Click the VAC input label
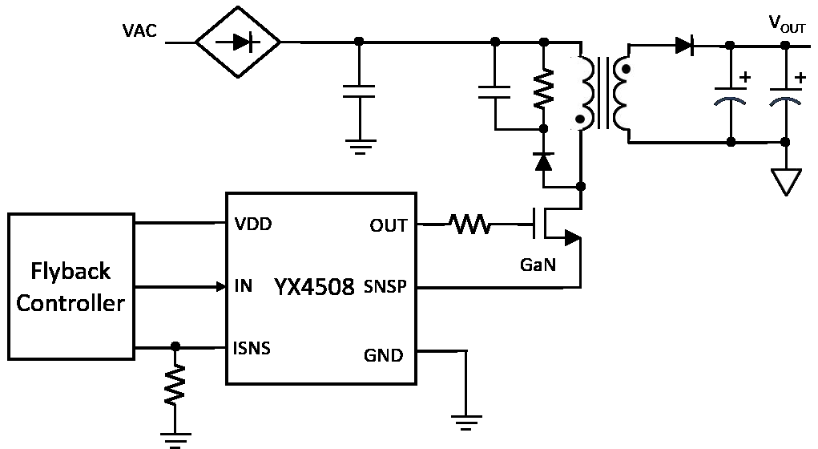pyautogui.click(x=140, y=32)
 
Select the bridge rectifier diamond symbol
pyautogui.click(x=238, y=42)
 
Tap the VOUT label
pyautogui.click(x=788, y=25)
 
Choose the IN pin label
pyautogui.click(x=244, y=286)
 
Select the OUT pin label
pyautogui.click(x=388, y=225)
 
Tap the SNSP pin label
pyautogui.click(x=385, y=287)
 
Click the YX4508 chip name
pyautogui.click(x=314, y=287)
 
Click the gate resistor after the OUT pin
pyautogui.click(x=473, y=224)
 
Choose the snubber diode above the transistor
pyautogui.click(x=544, y=160)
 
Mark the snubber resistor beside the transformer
pyautogui.click(x=544, y=91)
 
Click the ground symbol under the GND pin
pyautogui.click(x=465, y=419)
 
